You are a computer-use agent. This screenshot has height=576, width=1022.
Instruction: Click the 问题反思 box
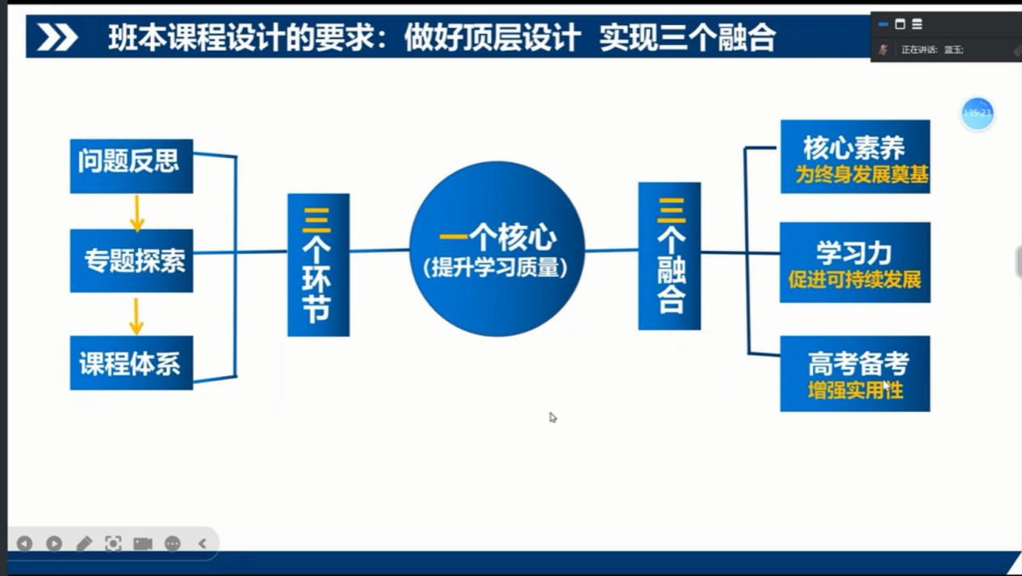coord(131,165)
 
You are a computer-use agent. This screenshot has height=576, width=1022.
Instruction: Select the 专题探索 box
coord(131,261)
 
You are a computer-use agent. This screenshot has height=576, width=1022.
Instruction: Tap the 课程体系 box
coord(131,363)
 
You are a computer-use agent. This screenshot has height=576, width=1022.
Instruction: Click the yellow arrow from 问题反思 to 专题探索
coord(137,213)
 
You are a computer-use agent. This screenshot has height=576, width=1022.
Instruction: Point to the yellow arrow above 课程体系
coord(136,315)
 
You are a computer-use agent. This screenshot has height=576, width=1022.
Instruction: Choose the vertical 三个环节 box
coord(318,265)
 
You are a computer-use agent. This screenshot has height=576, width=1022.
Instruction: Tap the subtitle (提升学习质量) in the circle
coord(496,268)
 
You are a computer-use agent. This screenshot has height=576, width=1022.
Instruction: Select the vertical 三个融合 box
coord(669,256)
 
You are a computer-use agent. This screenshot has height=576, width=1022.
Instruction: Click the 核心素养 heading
coord(853,148)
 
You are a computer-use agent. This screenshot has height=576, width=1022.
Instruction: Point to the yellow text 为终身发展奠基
coord(861,174)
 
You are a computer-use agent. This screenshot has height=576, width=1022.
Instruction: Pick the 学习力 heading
coord(853,253)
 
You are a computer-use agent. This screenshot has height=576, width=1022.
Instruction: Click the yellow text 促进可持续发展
coord(855,280)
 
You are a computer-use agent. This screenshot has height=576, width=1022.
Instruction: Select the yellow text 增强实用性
coord(855,390)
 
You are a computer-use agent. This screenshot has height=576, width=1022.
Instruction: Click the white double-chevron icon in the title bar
coord(57,37)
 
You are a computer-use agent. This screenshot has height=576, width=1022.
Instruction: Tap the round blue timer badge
coord(977,114)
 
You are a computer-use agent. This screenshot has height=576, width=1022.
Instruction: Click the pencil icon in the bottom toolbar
coord(84,544)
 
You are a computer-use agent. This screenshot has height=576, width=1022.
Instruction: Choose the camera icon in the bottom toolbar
coord(143,544)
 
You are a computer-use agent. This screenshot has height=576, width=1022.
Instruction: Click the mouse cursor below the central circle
coord(553,418)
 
